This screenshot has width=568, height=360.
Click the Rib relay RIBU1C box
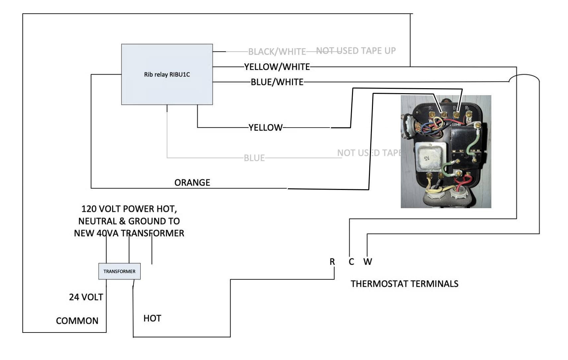(x=167, y=74)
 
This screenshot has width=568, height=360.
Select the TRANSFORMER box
(x=119, y=271)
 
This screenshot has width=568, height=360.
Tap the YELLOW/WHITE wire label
(x=277, y=67)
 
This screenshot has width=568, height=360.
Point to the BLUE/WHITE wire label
(x=277, y=82)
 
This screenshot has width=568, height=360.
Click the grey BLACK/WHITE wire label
(x=277, y=52)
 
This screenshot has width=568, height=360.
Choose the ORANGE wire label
(x=192, y=183)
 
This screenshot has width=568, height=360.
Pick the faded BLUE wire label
(x=254, y=158)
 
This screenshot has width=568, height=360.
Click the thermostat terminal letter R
(x=332, y=262)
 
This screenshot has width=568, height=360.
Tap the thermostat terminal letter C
(x=351, y=262)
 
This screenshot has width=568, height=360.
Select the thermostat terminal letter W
(x=368, y=262)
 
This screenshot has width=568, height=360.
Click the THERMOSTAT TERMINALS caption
(x=404, y=284)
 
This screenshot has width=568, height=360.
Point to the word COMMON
(x=77, y=321)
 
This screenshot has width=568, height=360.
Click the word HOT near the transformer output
(x=152, y=318)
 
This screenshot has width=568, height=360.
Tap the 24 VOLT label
(x=86, y=297)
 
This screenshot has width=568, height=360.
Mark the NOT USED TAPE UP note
(x=356, y=51)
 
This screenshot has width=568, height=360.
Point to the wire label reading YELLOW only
(x=265, y=128)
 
